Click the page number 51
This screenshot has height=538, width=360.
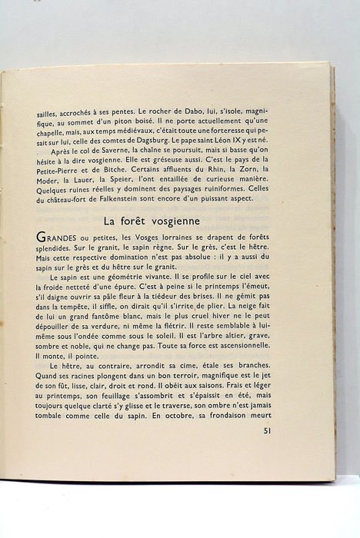tap(267, 430)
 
